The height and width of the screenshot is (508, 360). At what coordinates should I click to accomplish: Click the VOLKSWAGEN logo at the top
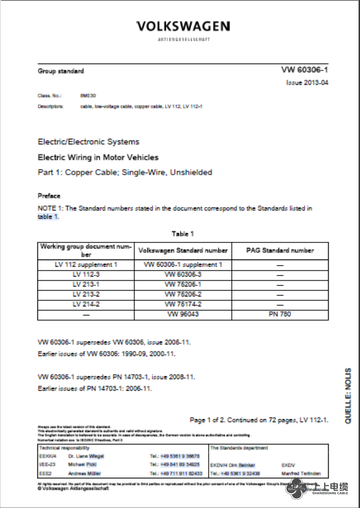point(183,26)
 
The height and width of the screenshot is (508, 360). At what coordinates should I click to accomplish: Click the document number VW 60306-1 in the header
point(304,70)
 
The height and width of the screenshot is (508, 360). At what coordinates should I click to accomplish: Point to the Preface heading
point(49,196)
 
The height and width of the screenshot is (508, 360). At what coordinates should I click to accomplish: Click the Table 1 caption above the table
point(183,234)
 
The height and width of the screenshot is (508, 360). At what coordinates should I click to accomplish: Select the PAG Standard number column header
point(280,250)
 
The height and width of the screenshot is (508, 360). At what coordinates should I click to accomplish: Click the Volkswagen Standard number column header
point(183,250)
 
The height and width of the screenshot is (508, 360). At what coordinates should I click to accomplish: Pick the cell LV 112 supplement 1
point(86,264)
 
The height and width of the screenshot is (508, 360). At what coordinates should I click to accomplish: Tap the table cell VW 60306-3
point(183,274)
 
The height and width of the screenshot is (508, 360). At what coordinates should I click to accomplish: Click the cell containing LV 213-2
point(86,294)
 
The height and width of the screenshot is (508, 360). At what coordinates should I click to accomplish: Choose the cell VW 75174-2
point(183,304)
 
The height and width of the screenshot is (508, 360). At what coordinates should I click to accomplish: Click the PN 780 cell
point(280,314)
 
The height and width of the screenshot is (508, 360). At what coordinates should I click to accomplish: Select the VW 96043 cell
point(183,314)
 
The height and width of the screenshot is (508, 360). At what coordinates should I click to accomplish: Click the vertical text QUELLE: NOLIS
point(348,396)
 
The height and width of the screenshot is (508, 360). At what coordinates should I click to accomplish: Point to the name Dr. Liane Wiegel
point(85,456)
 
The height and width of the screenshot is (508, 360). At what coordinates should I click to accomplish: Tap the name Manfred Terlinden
point(301,473)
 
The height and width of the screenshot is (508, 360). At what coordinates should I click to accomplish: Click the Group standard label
point(61,71)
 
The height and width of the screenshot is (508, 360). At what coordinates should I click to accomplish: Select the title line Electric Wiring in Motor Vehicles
point(97,157)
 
